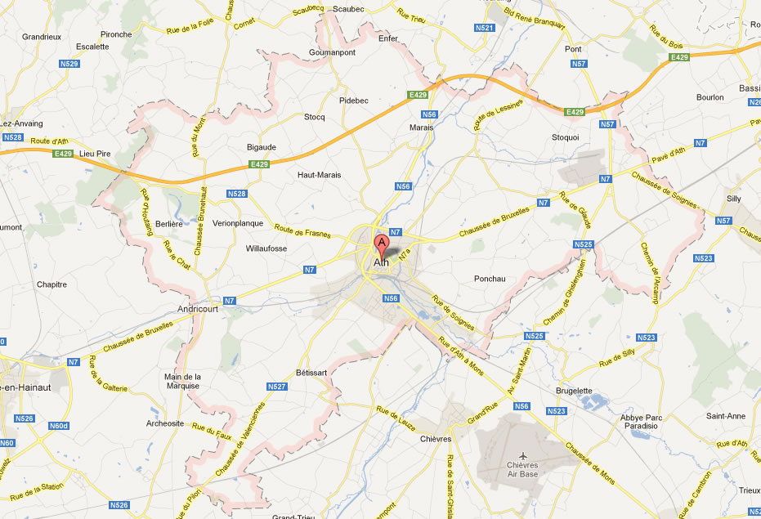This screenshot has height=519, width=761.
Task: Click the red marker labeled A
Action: click(381, 244)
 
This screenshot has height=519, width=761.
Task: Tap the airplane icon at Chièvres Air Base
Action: click(524, 453)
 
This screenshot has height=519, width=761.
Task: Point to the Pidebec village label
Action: click(354, 100)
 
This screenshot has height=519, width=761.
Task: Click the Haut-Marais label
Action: click(319, 175)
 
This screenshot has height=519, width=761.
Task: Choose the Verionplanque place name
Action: click(238, 222)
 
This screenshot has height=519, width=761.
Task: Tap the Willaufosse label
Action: click(266, 248)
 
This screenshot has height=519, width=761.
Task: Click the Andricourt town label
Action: click(199, 309)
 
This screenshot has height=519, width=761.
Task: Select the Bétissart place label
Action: click(311, 373)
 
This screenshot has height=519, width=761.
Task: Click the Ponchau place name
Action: click(490, 279)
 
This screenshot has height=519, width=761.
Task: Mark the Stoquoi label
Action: click(566, 137)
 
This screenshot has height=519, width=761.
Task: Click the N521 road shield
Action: click(484, 28)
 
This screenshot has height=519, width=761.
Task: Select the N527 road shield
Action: click(277, 387)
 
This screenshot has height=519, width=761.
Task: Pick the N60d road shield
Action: click(59, 426)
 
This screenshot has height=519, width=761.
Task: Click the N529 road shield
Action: click(69, 63)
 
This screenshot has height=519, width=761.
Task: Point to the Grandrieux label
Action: click(43, 37)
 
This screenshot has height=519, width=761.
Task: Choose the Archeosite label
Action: click(164, 423)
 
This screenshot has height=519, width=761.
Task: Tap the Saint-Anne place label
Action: click(725, 416)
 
